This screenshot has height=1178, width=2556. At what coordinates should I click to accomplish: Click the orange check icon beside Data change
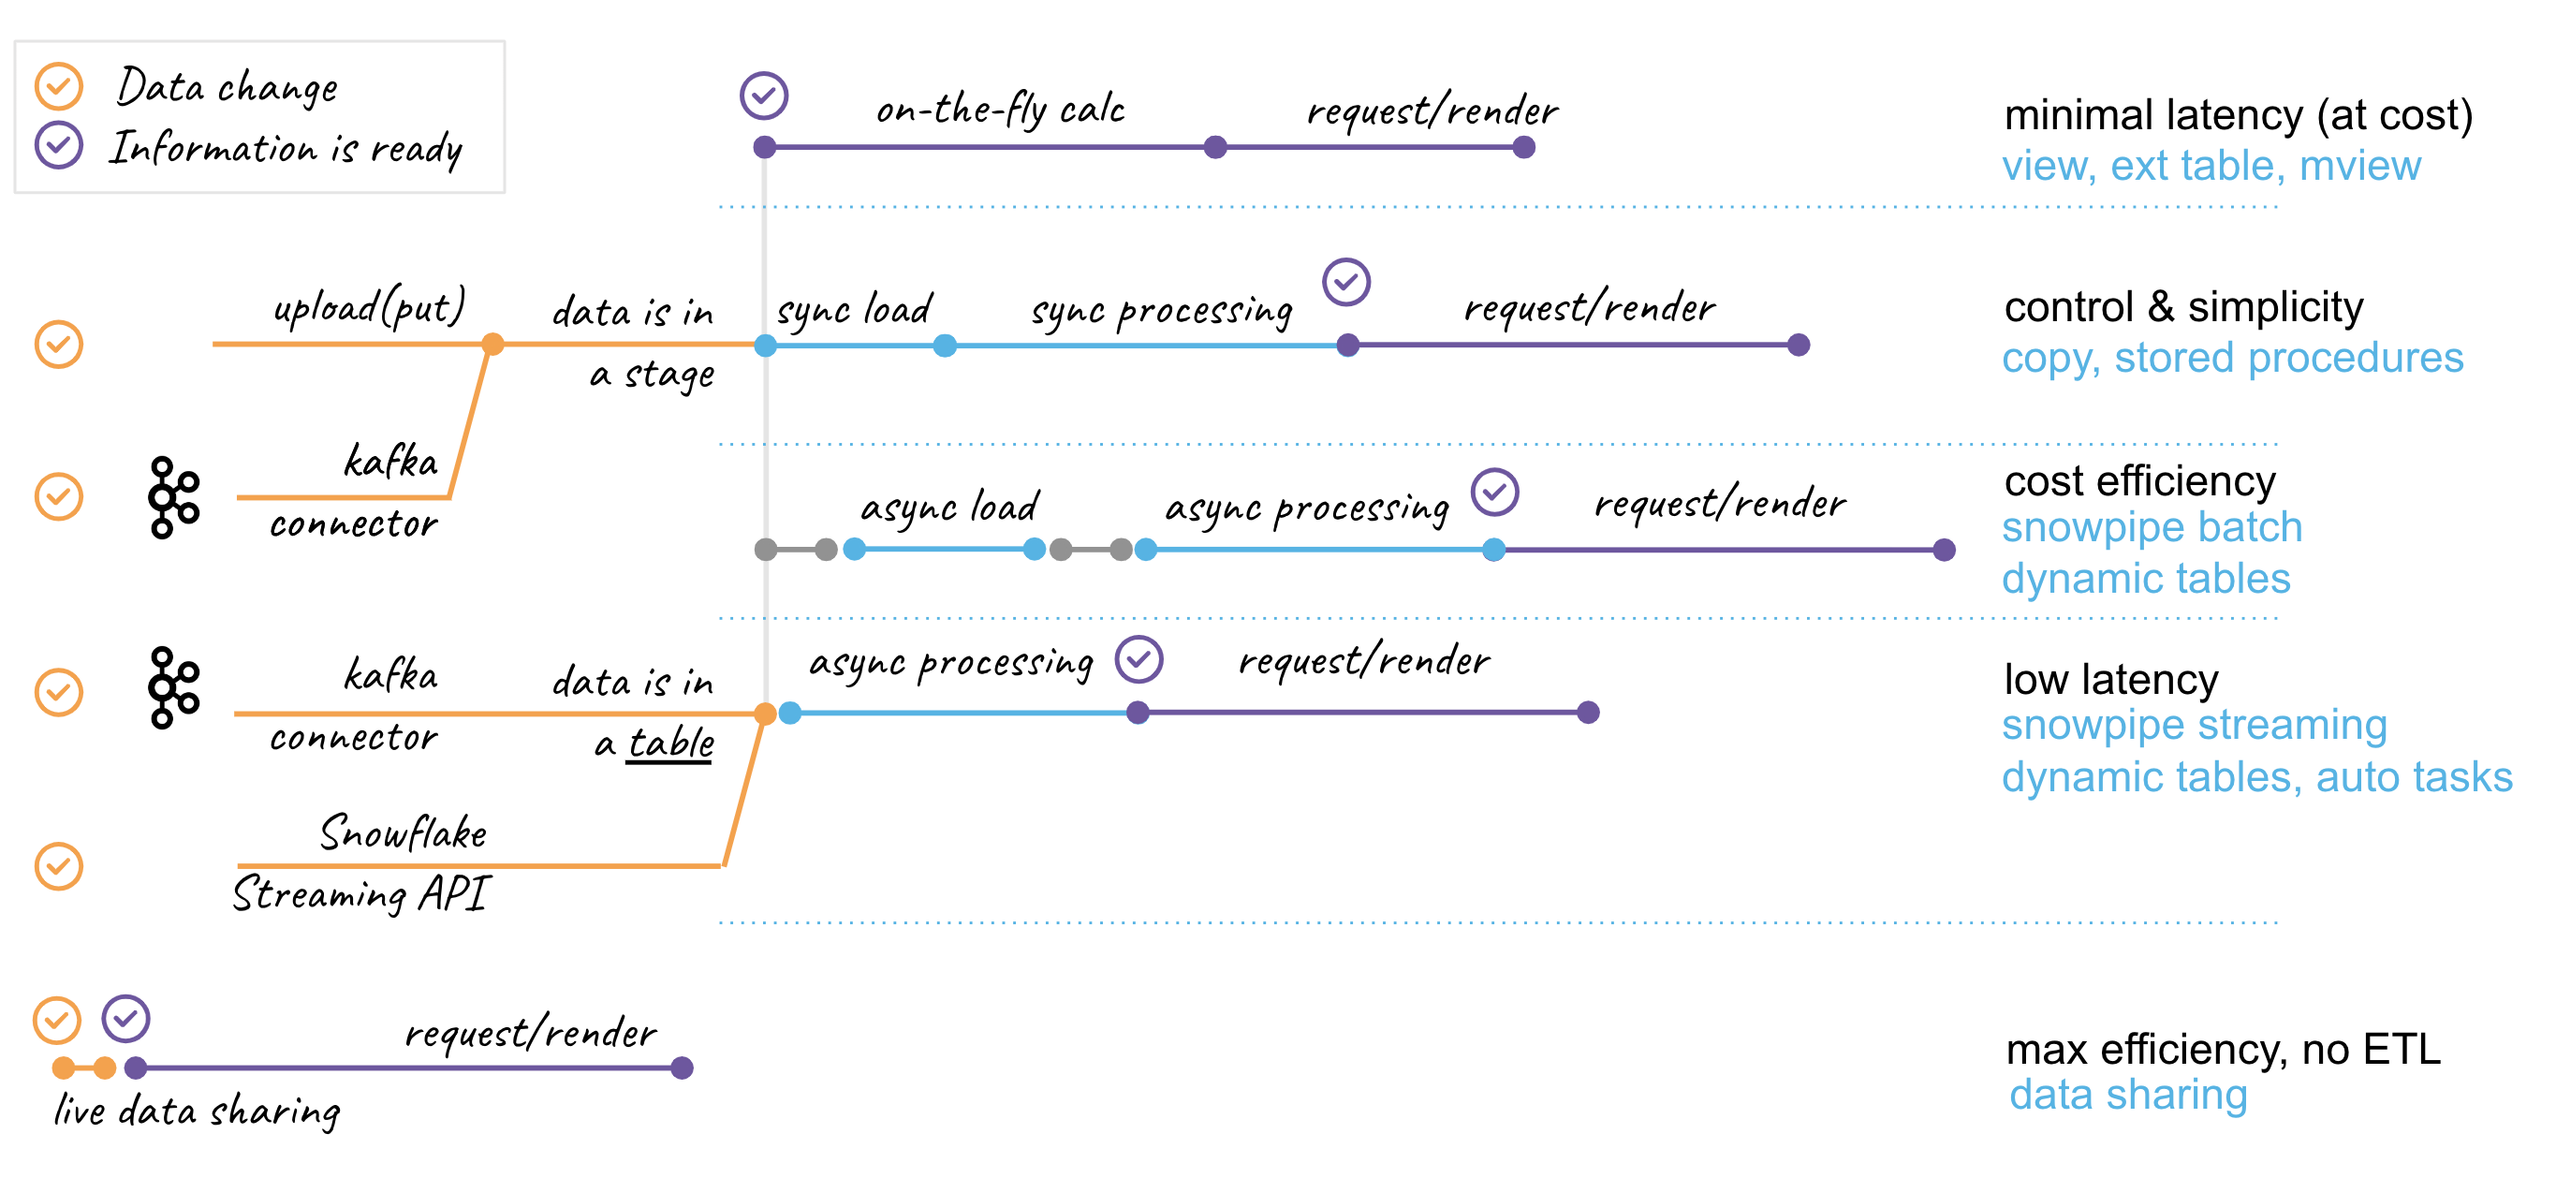tap(59, 86)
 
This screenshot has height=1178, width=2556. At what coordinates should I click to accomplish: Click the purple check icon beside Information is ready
tap(59, 146)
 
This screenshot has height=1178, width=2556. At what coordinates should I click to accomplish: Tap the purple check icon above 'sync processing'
tap(1345, 283)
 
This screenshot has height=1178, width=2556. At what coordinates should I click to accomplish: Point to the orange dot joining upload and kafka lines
tap(492, 345)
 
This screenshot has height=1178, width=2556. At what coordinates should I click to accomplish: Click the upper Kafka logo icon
tap(173, 497)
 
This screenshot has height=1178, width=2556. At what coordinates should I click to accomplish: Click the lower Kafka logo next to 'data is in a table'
tap(173, 687)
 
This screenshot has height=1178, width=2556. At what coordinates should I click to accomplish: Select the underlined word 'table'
tap(669, 744)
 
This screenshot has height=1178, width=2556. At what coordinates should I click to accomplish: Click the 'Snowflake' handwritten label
tap(403, 832)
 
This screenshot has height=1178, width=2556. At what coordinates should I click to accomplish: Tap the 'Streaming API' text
tap(361, 894)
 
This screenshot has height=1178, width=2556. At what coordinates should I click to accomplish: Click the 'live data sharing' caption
tap(197, 1111)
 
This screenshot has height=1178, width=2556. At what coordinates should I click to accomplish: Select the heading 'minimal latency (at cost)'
tap(2237, 116)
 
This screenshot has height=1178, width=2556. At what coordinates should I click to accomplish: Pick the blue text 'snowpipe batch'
tap(2151, 528)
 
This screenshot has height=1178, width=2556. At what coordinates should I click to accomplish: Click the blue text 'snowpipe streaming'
tap(2193, 726)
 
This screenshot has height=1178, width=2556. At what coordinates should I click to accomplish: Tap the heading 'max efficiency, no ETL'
tap(2222, 1049)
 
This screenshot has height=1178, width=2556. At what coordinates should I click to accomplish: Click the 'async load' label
tap(948, 508)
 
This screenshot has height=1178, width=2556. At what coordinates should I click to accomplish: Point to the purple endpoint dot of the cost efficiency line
tap(1944, 550)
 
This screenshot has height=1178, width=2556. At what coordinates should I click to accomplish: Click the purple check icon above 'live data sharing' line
tap(126, 1018)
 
